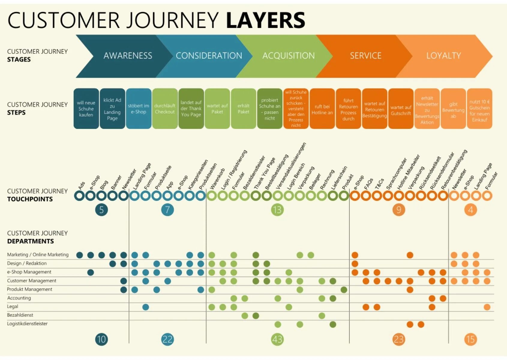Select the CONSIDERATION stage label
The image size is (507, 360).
[x=209, y=56]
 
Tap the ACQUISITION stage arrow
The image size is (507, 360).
[x=288, y=56]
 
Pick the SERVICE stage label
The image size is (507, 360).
[x=365, y=56]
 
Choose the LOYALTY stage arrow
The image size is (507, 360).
[x=443, y=56]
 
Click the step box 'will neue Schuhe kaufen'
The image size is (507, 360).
[x=86, y=109]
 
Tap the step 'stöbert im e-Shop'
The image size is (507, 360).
[x=139, y=109]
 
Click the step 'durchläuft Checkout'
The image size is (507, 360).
[x=165, y=109]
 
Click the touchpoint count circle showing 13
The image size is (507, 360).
[x=277, y=210]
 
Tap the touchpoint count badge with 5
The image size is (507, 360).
[x=101, y=210]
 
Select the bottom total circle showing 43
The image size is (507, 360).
[x=277, y=339]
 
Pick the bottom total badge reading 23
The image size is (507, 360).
[x=399, y=339]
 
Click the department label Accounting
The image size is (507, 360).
[x=19, y=298]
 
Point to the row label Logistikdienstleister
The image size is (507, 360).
[x=27, y=324]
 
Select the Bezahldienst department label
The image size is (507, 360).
[x=20, y=315]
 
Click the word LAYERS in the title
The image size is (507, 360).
[x=265, y=20]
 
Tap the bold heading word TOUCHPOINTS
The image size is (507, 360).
[x=30, y=199]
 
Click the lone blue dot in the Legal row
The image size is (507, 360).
[x=145, y=307]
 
